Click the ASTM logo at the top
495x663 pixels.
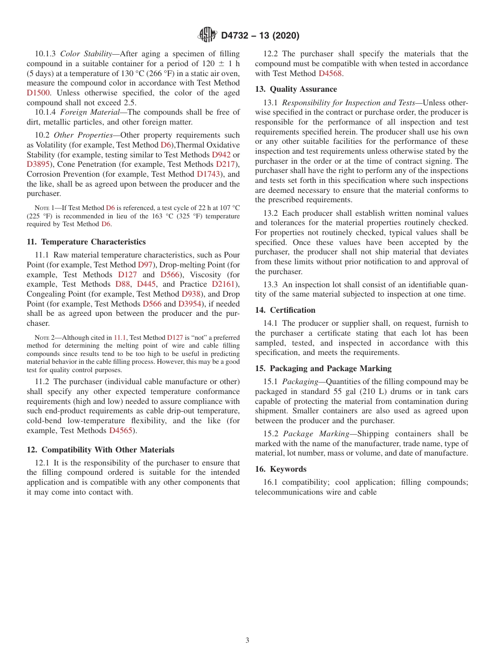207,35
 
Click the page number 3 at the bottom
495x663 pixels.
247,640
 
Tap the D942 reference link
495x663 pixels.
221,155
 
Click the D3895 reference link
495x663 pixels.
38,164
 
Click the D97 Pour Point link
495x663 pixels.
144,265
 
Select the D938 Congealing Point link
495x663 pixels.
191,294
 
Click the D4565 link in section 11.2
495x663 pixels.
122,431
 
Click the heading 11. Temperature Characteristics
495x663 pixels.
86,242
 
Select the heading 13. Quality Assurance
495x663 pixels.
296,89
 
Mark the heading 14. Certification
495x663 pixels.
285,310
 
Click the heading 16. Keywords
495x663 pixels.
280,469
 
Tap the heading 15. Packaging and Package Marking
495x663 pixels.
323,369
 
